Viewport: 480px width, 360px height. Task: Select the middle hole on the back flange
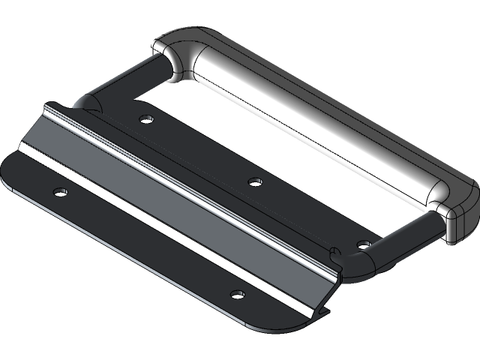click(x=254, y=181)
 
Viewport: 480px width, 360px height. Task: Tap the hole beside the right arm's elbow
click(x=363, y=244)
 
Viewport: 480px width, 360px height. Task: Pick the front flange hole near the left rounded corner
click(x=59, y=192)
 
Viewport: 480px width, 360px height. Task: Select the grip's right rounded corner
click(x=454, y=214)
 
